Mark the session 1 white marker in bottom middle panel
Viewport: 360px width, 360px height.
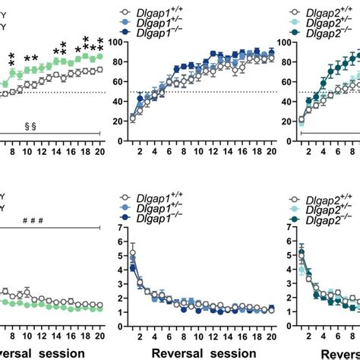pos(132,253)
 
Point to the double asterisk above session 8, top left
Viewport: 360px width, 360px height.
pos(12,59)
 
